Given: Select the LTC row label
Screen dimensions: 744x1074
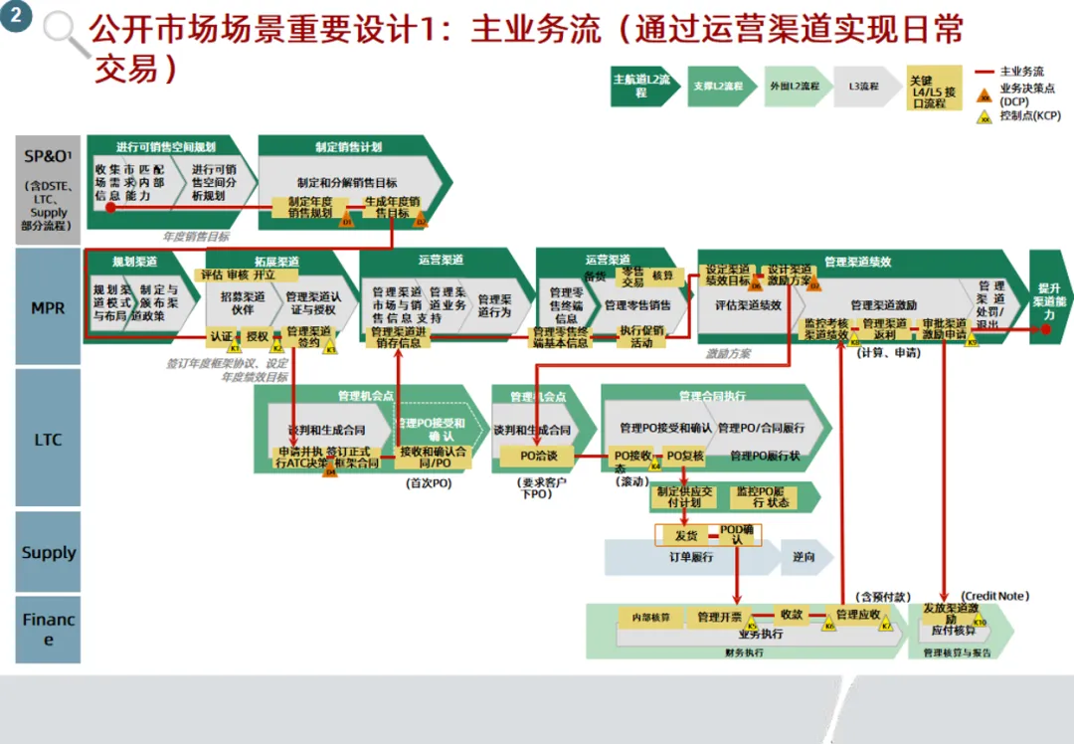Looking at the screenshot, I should [x=48, y=440].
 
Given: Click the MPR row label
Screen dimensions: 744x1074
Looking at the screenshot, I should [x=48, y=308].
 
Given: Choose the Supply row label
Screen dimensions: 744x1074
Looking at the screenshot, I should [x=48, y=553].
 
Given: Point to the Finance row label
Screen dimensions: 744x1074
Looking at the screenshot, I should [x=48, y=630].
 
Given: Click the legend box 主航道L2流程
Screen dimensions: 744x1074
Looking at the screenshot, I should [x=641, y=87].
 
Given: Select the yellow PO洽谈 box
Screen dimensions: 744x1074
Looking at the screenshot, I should [x=539, y=456].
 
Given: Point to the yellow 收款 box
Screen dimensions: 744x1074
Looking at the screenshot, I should [x=792, y=615].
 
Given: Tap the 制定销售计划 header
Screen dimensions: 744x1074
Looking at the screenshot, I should [x=347, y=147].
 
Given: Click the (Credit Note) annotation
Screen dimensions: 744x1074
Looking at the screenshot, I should [x=993, y=596].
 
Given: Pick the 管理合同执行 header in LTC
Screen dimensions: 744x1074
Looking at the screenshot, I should [x=712, y=396].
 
